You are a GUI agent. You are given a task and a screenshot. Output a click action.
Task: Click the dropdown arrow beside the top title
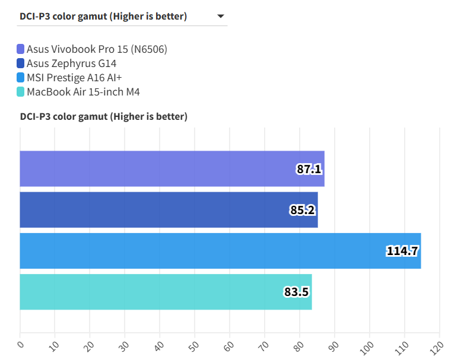(221, 17)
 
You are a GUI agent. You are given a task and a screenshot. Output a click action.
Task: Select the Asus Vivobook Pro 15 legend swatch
(21, 49)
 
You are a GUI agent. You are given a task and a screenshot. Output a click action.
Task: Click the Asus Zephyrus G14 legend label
(71, 63)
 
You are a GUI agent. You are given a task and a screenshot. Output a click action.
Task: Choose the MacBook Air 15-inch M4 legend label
(83, 92)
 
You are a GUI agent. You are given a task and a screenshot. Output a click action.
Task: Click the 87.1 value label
(309, 170)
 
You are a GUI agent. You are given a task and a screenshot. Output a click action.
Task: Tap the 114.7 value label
(403, 251)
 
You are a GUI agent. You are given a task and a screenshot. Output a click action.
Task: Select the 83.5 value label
(297, 292)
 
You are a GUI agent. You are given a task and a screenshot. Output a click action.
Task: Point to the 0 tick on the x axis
(20, 345)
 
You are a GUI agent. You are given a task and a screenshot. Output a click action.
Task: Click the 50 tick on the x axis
(195, 345)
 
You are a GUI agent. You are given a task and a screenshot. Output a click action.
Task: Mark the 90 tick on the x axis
(335, 345)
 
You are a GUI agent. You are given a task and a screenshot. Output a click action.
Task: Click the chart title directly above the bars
(104, 117)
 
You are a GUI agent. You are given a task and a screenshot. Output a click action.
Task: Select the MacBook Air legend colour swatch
(21, 92)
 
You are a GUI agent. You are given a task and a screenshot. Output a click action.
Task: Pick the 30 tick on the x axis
(125, 345)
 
